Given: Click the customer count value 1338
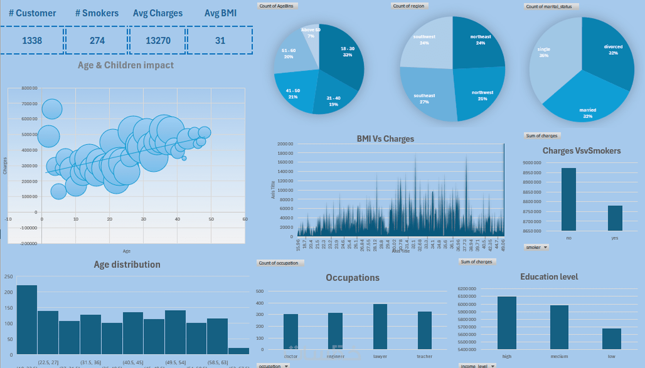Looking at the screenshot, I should (32, 41).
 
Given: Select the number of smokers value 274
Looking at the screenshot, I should (97, 41).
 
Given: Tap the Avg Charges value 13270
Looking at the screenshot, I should (158, 41).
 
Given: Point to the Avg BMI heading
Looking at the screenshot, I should (220, 13).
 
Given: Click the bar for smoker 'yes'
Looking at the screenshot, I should (615, 218).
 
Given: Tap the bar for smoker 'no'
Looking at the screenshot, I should (569, 199).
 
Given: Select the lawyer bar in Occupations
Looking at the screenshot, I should (380, 326).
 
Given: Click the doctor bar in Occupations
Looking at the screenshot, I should (291, 332).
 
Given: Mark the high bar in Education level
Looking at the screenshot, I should (507, 322).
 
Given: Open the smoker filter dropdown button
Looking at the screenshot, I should (546, 247).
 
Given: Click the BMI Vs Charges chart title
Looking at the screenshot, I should (385, 139).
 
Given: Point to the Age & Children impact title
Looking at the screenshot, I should (126, 65).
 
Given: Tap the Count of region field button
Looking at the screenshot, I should (409, 6).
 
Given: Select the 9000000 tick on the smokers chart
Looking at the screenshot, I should (532, 163).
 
